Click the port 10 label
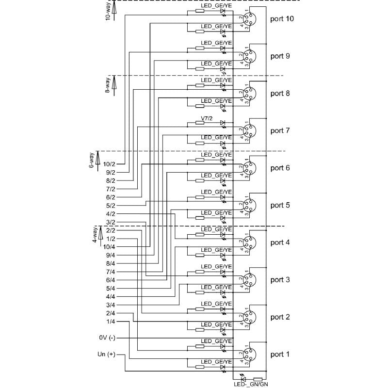[x=282, y=19]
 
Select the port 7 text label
[x=280, y=131]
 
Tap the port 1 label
[x=280, y=355]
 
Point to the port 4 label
[x=280, y=242]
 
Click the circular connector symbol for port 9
[x=249, y=56]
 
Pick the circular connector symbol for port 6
[x=249, y=168]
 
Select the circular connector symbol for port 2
[x=249, y=317]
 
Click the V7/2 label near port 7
[x=207, y=118]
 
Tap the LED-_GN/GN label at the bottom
[x=250, y=384]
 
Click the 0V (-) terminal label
[x=106, y=338]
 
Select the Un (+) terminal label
[x=106, y=355]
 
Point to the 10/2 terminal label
[x=109, y=164]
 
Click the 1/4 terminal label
[x=111, y=321]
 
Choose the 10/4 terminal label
[x=109, y=247]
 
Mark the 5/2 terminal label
[x=111, y=205]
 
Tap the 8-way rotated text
[x=108, y=85]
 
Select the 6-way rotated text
[x=91, y=160]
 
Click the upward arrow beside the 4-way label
[x=98, y=234]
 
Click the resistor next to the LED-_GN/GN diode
[x=258, y=379]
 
